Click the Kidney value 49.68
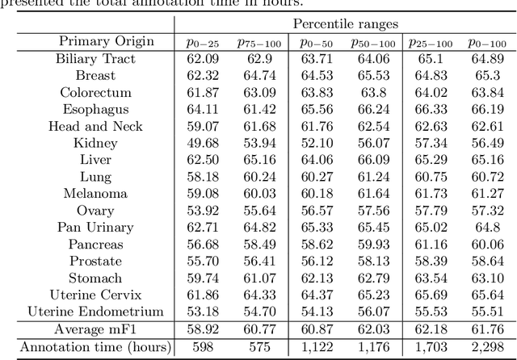click(x=199, y=143)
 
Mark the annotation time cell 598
click(x=199, y=347)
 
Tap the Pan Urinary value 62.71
click(x=199, y=228)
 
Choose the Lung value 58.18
click(x=199, y=177)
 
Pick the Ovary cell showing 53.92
click(x=199, y=211)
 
